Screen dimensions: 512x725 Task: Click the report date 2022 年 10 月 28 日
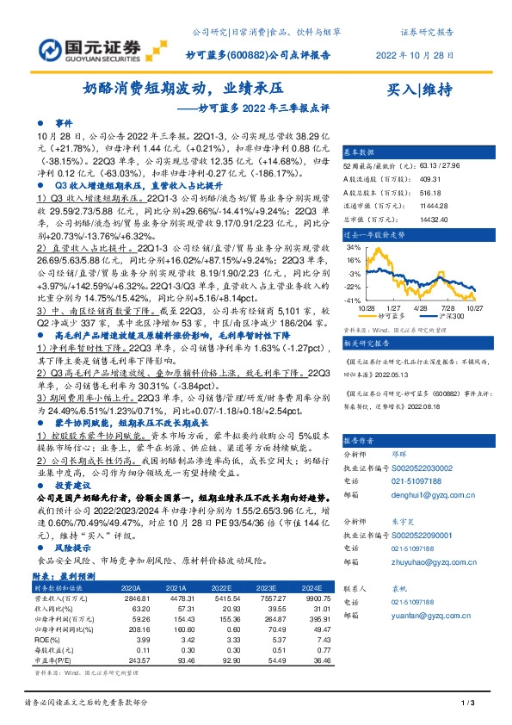tap(416, 53)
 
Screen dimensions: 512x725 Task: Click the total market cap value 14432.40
tap(428, 220)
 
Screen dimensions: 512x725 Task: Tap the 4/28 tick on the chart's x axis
tap(420, 307)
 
